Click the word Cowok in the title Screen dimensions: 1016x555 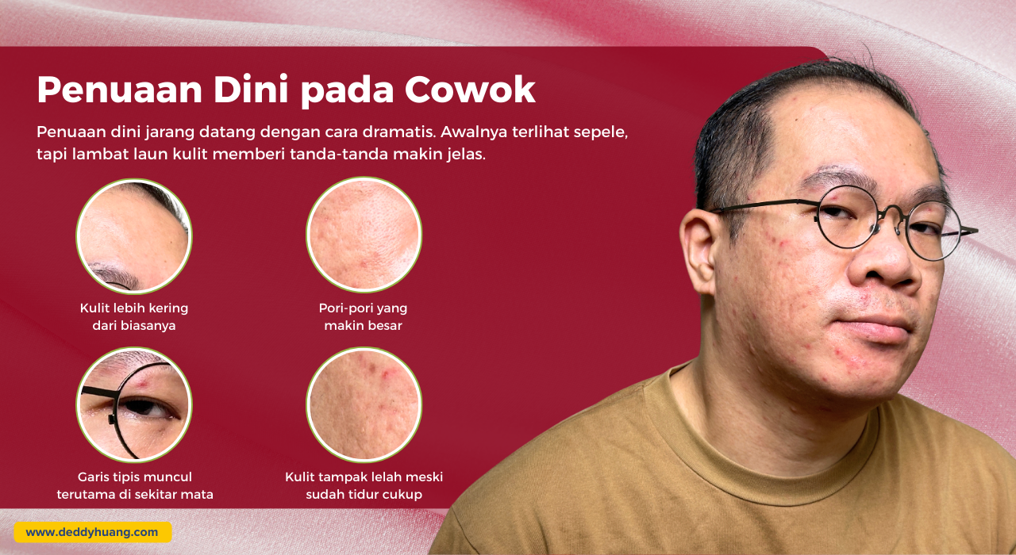pos(470,90)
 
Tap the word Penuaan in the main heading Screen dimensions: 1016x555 pos(120,90)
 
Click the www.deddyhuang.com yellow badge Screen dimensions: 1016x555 pos(93,532)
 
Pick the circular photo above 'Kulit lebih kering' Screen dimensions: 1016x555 pos(134,235)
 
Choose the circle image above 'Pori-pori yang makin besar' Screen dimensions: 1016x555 pos(364,235)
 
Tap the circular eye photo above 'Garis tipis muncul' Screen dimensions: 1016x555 pos(134,404)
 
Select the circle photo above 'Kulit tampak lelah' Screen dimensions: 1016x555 pos(364,404)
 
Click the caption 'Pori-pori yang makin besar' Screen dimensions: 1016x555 pos(364,316)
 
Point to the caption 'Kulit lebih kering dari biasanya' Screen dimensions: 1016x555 pos(134,316)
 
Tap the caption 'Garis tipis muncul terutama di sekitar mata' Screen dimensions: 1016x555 pos(135,485)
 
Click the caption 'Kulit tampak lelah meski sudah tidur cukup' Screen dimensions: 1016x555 pos(364,485)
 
